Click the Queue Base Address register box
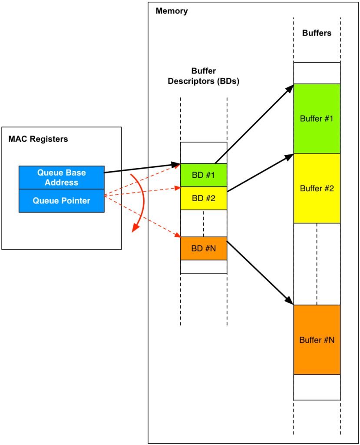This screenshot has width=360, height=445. (61, 177)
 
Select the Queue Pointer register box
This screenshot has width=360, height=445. (61, 201)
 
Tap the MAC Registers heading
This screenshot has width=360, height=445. (38, 139)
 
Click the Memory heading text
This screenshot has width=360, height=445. (172, 11)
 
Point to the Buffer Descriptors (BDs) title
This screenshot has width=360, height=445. (203, 76)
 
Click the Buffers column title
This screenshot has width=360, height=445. (317, 33)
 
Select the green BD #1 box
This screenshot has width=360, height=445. (203, 175)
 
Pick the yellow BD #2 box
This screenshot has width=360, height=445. (203, 198)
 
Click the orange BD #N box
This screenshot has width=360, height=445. (203, 249)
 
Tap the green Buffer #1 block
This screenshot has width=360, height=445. (317, 118)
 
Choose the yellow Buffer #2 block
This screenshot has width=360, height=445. (317, 188)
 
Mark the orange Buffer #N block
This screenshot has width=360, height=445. (317, 340)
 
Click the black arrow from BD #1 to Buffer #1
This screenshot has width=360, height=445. (254, 124)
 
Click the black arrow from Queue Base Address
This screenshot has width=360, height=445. (143, 168)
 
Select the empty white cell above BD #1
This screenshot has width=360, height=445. (203, 153)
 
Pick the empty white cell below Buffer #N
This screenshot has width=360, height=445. (317, 387)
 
